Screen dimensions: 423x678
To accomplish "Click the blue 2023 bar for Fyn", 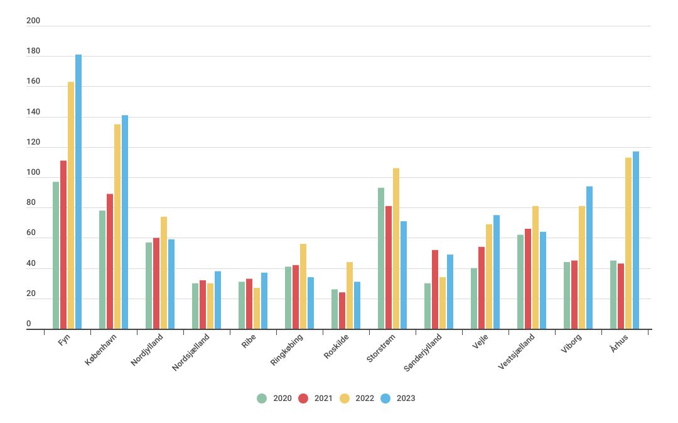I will pyautogui.click(x=78, y=192).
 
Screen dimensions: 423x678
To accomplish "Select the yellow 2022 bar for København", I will pyautogui.click(x=117, y=226).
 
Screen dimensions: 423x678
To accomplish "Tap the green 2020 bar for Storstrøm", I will pyautogui.click(x=381, y=258).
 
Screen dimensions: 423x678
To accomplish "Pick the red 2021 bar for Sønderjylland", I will pyautogui.click(x=435, y=289).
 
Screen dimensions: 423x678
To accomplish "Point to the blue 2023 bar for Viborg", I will pyautogui.click(x=589, y=258).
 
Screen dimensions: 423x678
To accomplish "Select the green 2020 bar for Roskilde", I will pyautogui.click(x=335, y=309).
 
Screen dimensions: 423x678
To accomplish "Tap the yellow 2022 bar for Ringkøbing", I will pyautogui.click(x=303, y=286).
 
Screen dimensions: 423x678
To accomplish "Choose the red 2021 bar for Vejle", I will pyautogui.click(x=482, y=288).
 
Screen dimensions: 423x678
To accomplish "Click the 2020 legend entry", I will pyautogui.click(x=275, y=398).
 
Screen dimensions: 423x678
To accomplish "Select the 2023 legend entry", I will pyautogui.click(x=399, y=398).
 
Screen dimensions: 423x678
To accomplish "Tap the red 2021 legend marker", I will pyautogui.click(x=303, y=398).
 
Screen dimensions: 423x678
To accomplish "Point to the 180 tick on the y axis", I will pyautogui.click(x=33, y=52).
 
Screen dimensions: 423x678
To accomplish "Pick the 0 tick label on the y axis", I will pyautogui.click(x=29, y=324).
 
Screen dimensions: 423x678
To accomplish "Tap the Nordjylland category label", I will pyautogui.click(x=148, y=349).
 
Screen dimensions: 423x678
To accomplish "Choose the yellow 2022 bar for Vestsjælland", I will pyautogui.click(x=535, y=267).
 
